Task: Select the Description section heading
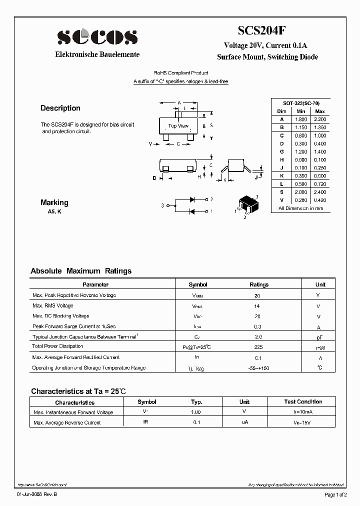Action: (60, 108)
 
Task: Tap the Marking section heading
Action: (54, 202)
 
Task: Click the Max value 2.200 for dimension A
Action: (320, 119)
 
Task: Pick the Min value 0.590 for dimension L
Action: (300, 184)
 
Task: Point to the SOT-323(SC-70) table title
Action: (300, 102)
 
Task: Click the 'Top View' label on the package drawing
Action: (178, 126)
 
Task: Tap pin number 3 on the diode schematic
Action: (162, 205)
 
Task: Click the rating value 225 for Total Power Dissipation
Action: (258, 346)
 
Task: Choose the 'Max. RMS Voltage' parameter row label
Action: (53, 305)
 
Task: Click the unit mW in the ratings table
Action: (320, 347)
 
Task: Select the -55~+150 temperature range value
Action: (258, 368)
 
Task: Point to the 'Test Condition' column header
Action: (303, 402)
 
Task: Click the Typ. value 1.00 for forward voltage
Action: (196, 412)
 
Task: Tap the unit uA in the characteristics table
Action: (244, 422)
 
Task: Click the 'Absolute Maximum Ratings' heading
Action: (81, 271)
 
